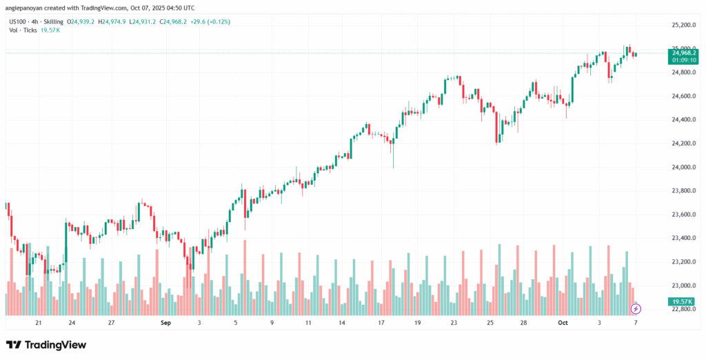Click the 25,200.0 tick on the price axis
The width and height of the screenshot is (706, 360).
(x=680, y=25)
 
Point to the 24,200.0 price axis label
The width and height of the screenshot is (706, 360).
(x=680, y=143)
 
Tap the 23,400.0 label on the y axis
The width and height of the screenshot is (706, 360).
(x=680, y=238)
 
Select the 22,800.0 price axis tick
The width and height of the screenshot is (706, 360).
(x=680, y=309)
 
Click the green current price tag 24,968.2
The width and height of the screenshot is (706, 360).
(x=680, y=52)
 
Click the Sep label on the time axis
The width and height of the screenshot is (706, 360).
(x=165, y=322)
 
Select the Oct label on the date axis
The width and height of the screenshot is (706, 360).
(x=563, y=322)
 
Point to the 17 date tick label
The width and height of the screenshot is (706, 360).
(x=380, y=322)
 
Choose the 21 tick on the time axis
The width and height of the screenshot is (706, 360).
(x=39, y=322)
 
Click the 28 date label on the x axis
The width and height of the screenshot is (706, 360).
(x=524, y=322)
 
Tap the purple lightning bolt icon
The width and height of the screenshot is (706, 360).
(x=636, y=308)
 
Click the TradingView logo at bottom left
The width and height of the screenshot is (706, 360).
(x=46, y=345)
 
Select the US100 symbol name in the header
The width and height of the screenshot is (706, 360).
(x=19, y=22)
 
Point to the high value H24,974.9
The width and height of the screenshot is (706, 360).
(x=117, y=22)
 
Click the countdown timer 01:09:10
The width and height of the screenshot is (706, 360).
(x=680, y=60)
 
